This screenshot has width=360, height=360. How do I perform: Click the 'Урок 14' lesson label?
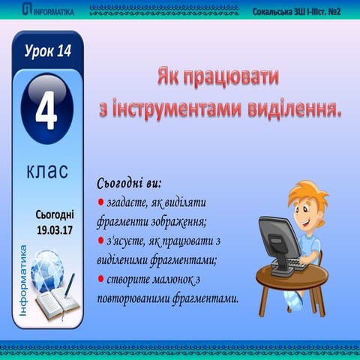click(x=46, y=51)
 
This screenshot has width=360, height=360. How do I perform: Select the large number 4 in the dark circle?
click(x=46, y=109)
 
